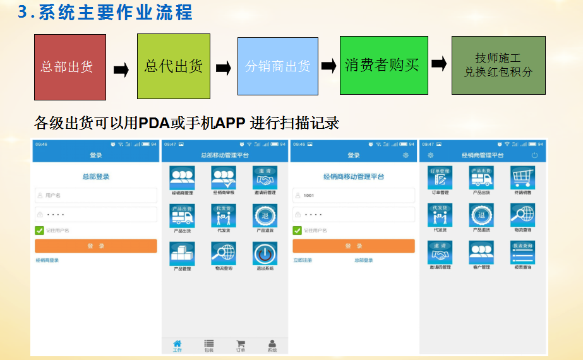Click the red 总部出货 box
tap(69, 66)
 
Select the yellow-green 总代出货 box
tap(173, 66)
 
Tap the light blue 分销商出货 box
tap(277, 66)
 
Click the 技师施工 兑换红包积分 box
tap(498, 65)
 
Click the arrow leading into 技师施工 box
tap(440, 64)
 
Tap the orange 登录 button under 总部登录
tap(96, 246)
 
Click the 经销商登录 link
tap(47, 260)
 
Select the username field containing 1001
tap(353, 195)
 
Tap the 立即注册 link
tap(303, 260)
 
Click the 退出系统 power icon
tap(265, 253)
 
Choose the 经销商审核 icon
tap(224, 177)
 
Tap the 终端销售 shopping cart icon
tap(522, 177)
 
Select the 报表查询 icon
tap(522, 253)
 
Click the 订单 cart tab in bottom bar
tap(240, 345)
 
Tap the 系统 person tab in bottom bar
tap(272, 345)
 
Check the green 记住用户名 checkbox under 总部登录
tap(40, 231)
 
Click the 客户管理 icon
tap(481, 253)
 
